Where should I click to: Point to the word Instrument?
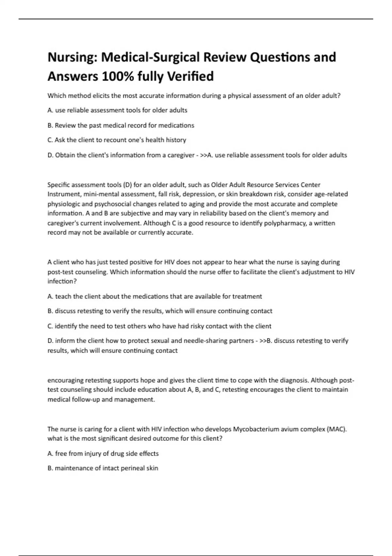[64, 194]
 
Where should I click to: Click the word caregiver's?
[64, 223]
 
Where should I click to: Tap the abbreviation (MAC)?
[336, 429]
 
